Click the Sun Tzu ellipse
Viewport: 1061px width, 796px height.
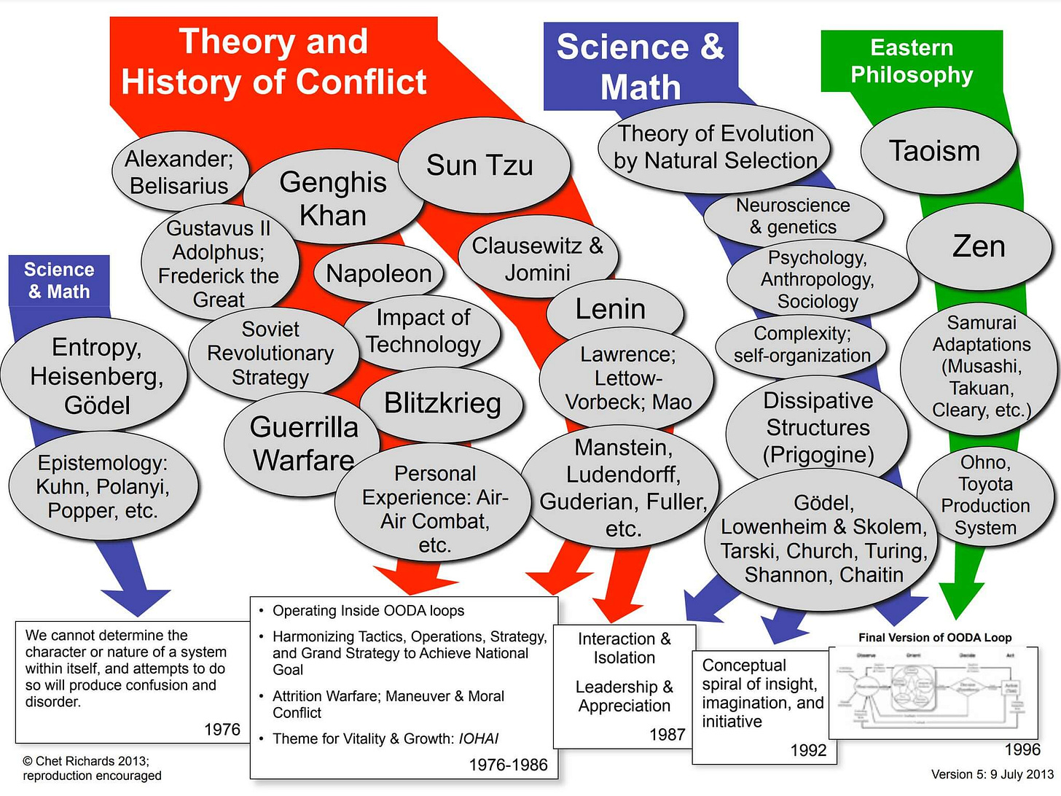tap(480, 165)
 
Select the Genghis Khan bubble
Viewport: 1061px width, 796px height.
tap(333, 198)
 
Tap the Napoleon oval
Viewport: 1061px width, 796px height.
tap(378, 273)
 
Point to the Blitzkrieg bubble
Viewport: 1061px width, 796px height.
tap(442, 403)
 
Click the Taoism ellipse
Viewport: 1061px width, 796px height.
tap(935, 151)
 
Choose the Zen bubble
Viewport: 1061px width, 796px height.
tap(979, 246)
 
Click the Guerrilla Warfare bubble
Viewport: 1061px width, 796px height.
tap(303, 443)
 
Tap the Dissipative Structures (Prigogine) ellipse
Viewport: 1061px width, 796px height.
tap(818, 428)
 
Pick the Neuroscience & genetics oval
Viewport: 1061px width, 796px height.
tap(793, 216)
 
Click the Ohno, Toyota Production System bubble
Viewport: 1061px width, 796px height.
tap(985, 495)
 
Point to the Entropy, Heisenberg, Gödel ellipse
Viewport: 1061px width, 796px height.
tap(96, 375)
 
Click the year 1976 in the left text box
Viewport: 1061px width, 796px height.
tap(222, 730)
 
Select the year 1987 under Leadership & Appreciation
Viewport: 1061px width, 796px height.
tap(667, 735)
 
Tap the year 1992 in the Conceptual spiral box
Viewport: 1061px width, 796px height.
tap(808, 751)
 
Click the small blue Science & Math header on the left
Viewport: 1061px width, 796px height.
tap(59, 281)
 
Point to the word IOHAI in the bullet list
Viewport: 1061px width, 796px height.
tap(479, 738)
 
